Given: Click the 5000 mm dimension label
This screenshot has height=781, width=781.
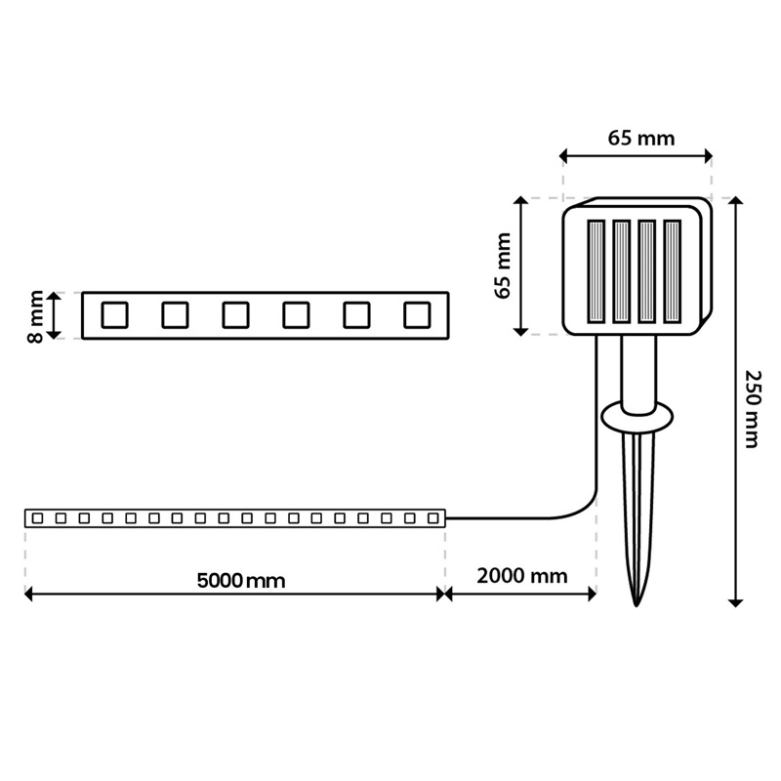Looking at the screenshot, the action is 241,581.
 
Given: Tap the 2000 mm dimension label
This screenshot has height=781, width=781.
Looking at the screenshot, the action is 522,576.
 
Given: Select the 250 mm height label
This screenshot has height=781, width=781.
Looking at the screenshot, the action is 753,409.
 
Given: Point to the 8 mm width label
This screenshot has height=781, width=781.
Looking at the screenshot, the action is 36,316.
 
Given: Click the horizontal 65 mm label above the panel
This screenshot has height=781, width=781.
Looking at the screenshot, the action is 641,138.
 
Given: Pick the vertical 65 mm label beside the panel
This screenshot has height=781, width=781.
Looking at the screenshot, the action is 503,266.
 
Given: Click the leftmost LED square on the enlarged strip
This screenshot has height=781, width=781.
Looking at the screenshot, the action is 114,314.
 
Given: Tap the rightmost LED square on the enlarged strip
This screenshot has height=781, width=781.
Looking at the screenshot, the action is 417,314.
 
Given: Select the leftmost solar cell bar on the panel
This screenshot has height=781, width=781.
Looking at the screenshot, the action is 596,271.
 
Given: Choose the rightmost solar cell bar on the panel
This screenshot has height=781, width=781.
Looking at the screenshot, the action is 672,271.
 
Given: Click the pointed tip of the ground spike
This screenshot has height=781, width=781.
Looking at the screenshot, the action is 637,606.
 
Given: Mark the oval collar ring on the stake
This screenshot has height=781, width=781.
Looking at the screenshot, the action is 637,418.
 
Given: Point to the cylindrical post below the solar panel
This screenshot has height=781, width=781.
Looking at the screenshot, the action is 638,375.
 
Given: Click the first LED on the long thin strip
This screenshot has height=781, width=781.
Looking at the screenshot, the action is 37,518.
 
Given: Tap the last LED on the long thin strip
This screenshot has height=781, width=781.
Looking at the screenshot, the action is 432,518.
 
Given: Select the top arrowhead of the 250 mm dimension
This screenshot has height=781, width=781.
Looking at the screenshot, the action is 736,201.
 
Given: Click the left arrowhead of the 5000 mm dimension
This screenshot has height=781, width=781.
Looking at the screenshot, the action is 28,594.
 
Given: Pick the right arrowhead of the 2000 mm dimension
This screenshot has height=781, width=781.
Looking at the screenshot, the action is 593,594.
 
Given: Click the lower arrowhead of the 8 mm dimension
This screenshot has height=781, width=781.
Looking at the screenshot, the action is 54,335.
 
